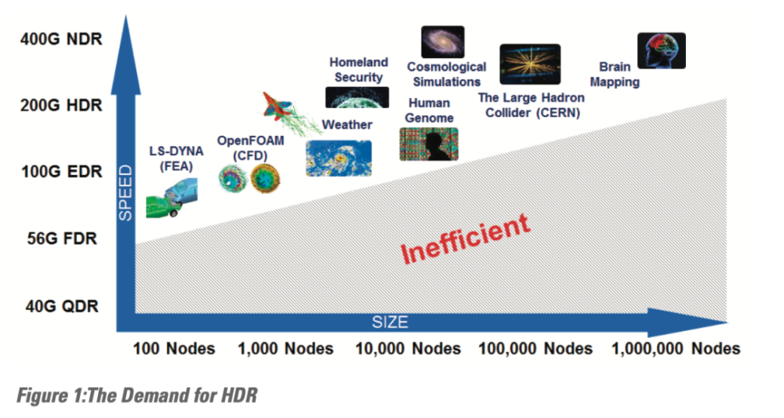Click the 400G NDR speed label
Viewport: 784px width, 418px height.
pos(61,39)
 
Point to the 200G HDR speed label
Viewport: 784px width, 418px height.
pos(61,106)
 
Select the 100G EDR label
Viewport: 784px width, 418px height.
pos(61,172)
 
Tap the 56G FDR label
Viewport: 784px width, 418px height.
pos(62,238)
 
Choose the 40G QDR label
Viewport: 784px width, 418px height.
pos(62,306)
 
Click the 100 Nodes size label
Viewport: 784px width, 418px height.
pos(174,348)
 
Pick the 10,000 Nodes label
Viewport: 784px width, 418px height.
pos(408,348)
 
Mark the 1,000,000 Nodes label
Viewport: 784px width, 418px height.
pos(676,348)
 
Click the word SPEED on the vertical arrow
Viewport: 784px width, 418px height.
pos(125,193)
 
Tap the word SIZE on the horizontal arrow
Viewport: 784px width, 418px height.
pos(390,322)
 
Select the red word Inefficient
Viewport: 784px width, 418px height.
pos(465,238)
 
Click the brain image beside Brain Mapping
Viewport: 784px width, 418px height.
pos(662,50)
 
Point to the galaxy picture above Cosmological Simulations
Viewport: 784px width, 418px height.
pos(442,42)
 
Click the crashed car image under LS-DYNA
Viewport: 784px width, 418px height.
pos(172,198)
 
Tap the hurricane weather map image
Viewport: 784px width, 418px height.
pos(339,158)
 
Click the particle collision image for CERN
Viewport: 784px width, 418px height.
pos(530,64)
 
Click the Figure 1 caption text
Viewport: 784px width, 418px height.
pos(137,395)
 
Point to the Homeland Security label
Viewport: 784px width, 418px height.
pos(358,70)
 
